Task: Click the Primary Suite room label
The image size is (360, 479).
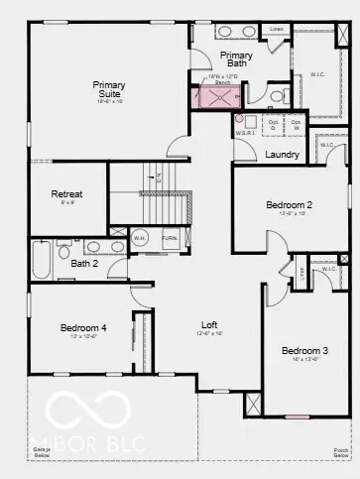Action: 109,90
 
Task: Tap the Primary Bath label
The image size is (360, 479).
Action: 237,60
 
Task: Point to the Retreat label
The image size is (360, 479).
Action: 66,194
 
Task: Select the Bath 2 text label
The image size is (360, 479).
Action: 84,264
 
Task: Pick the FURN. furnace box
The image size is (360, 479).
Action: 171,239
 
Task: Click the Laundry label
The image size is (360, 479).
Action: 284,154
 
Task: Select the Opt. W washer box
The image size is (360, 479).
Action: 296,124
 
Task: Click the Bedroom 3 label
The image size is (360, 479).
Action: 304,351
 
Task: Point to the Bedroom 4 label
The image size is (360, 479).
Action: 83,328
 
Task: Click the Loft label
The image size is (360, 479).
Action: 209,324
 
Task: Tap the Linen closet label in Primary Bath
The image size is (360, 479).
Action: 277,30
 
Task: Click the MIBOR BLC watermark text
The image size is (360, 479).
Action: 89,434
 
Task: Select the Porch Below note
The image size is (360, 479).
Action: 341,452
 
